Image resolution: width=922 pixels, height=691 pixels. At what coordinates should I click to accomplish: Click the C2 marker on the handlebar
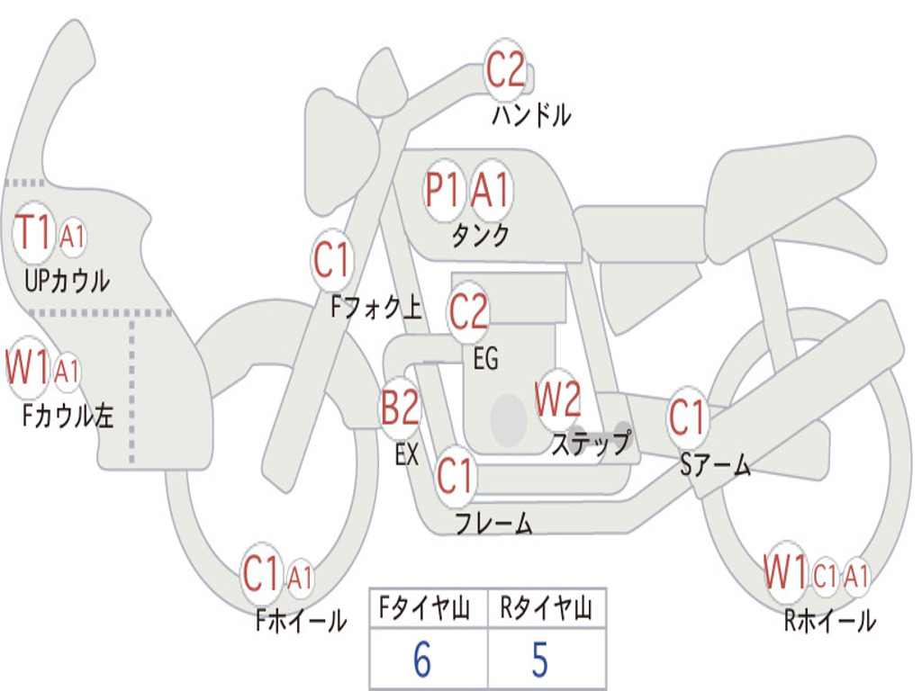point(505,70)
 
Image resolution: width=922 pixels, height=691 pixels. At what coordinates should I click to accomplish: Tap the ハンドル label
point(531,115)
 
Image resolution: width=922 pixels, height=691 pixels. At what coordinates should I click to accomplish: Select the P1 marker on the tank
point(442,191)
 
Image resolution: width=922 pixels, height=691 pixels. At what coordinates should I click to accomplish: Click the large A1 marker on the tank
point(490,191)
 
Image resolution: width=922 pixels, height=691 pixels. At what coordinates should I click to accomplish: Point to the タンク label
point(481,237)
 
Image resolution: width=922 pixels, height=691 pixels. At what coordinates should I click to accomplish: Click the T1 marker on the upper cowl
point(33,233)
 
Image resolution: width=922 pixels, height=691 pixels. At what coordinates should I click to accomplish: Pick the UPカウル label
point(67,281)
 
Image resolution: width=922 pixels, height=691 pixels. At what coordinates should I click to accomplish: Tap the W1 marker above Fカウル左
point(28,367)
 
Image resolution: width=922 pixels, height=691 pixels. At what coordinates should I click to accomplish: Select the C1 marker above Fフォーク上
point(331,259)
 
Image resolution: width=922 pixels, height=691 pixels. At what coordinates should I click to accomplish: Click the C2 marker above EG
point(468,311)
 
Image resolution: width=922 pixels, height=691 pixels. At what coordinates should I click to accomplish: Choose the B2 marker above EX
point(400,407)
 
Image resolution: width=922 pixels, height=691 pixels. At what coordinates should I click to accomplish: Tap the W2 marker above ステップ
point(558,399)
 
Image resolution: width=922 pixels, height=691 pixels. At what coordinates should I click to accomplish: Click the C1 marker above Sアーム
point(687,417)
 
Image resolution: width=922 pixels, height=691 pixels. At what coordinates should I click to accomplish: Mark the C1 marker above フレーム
point(455,475)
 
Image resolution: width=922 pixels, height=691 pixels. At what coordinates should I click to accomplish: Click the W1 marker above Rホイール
point(785,571)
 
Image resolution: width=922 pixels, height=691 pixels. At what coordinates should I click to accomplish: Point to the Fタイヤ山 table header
point(425,609)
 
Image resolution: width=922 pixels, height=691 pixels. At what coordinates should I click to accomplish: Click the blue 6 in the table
point(422,660)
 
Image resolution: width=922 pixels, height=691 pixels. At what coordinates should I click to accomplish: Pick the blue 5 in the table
point(540,660)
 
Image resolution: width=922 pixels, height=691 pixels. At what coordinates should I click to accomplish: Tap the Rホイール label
point(829,621)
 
